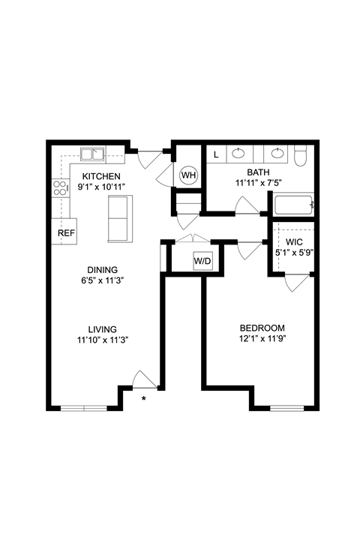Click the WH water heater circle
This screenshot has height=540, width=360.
tap(188, 175)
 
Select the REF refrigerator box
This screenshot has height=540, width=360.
tap(66, 232)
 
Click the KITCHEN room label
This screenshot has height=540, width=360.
tap(101, 177)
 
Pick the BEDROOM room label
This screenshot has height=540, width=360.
tap(262, 328)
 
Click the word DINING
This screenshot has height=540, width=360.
tap(103, 270)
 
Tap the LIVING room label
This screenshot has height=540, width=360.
tap(103, 328)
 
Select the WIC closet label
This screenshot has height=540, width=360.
tap(293, 242)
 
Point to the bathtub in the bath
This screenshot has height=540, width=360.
tap(293, 205)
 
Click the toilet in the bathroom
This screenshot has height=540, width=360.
tap(301, 156)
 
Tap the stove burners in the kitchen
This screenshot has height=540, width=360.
tap(60, 187)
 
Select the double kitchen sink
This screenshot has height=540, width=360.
tap(94, 155)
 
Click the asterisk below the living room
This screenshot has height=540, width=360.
tap(144, 398)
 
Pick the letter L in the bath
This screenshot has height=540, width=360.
tap(217, 155)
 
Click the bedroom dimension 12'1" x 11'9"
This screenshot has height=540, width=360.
tap(262, 339)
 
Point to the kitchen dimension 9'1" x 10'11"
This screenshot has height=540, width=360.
tap(101, 187)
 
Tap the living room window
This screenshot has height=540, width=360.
tap(84, 408)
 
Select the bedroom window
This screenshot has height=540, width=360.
tap(286, 408)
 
